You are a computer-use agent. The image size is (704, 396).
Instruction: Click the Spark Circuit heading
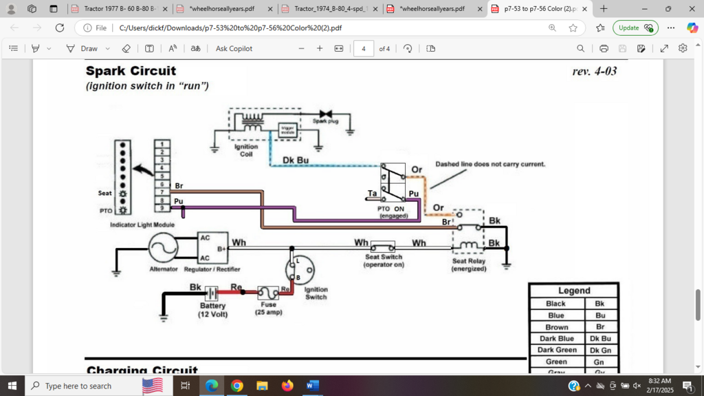(x=131, y=71)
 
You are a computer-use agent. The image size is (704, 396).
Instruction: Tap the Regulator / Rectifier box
(x=213, y=248)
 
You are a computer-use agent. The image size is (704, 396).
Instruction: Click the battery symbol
(x=210, y=293)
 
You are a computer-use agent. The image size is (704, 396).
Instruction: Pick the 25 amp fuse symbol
(x=267, y=292)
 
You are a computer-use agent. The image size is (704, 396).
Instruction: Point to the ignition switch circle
(x=298, y=270)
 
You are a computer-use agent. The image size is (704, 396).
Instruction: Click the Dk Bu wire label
(x=296, y=160)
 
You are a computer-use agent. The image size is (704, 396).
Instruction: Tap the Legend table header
(x=573, y=291)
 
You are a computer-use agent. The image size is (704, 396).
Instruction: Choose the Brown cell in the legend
(x=556, y=327)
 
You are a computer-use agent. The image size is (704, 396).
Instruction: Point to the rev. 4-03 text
(x=594, y=72)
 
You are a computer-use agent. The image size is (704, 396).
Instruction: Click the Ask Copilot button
(x=234, y=49)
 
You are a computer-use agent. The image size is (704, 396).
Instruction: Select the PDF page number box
(x=363, y=49)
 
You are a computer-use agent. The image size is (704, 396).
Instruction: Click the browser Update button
(x=635, y=28)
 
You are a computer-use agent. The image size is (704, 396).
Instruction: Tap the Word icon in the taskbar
(x=313, y=386)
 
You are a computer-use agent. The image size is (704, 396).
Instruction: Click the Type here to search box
(x=79, y=386)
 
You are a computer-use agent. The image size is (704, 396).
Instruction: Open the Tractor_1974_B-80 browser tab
(x=330, y=9)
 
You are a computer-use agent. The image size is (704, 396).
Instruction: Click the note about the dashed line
(x=490, y=164)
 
